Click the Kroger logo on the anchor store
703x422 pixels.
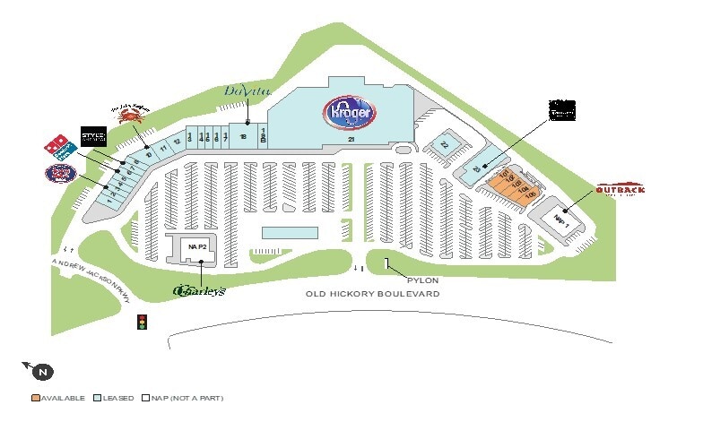coord(350,112)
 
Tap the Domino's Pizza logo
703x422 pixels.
coord(56,145)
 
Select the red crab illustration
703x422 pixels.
coord(129,114)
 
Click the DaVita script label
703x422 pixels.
coord(246,92)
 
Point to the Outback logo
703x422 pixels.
coord(620,190)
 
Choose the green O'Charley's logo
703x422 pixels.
coord(198,290)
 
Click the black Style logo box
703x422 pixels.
coord(93,136)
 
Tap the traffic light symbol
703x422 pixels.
coord(140,322)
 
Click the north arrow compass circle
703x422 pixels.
coord(43,371)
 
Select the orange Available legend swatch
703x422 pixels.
coord(35,397)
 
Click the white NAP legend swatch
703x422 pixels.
coord(146,397)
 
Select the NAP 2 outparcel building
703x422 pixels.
coord(196,246)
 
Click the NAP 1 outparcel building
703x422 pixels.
coord(561,219)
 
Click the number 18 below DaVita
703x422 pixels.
coord(243,136)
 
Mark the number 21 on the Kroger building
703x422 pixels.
coord(352,141)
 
